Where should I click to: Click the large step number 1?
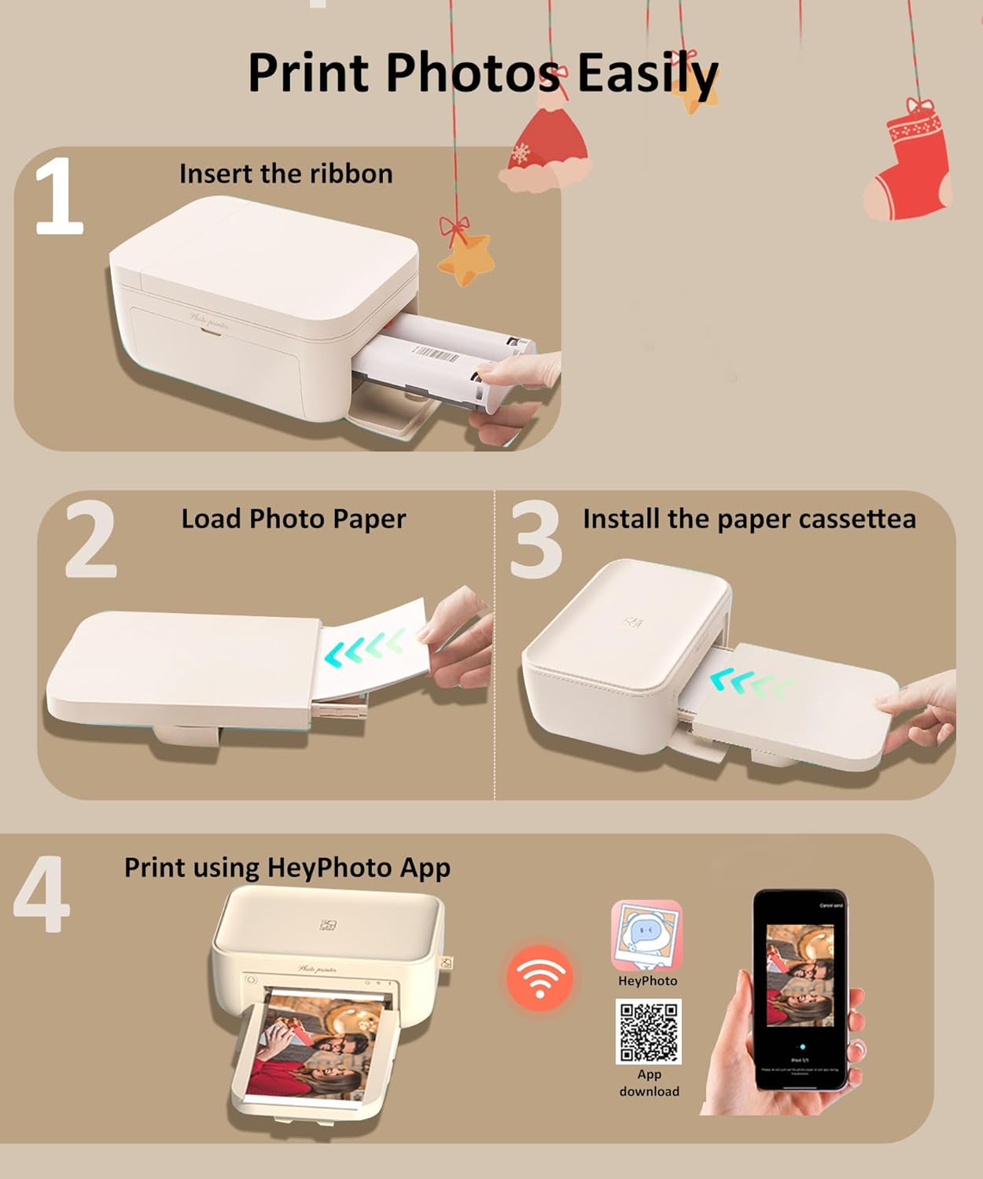click(59, 196)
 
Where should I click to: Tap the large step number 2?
click(90, 541)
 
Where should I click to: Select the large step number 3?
click(536, 541)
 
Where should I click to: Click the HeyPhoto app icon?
click(646, 936)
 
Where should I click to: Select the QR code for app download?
click(648, 1031)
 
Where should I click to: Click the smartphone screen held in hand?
click(801, 990)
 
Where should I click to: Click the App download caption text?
click(649, 1082)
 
